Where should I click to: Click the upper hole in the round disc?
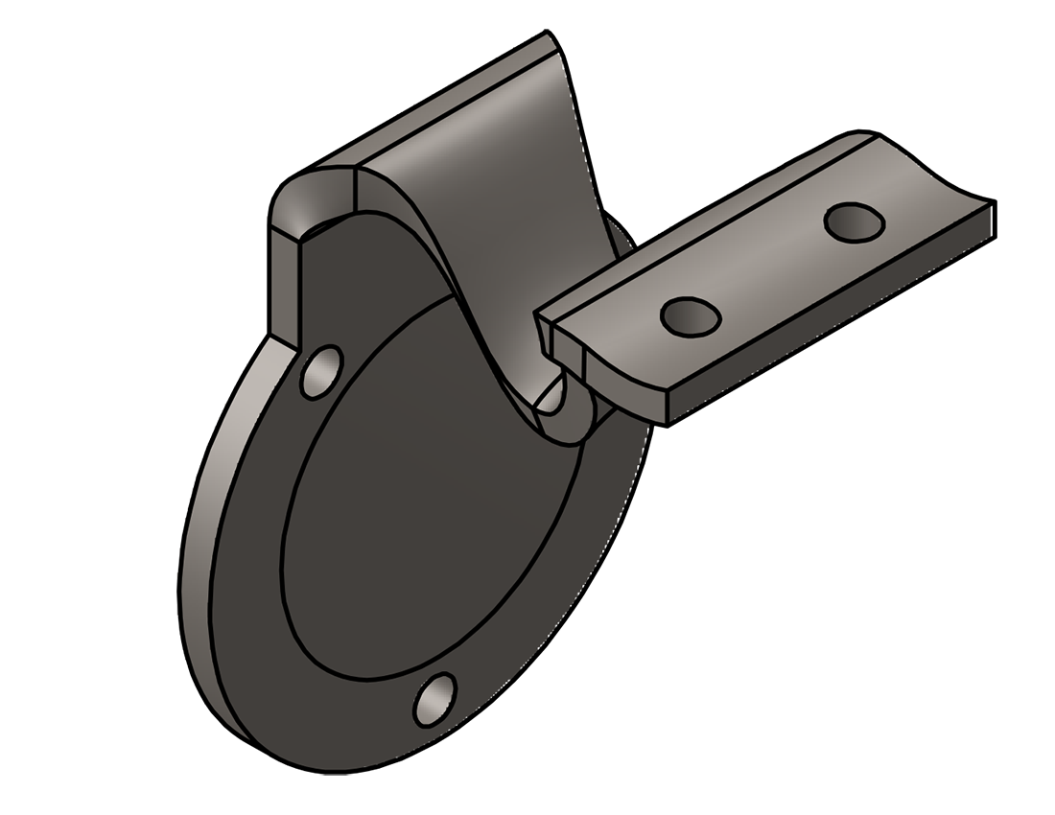coord(321,371)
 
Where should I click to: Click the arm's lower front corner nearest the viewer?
coord(667,420)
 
